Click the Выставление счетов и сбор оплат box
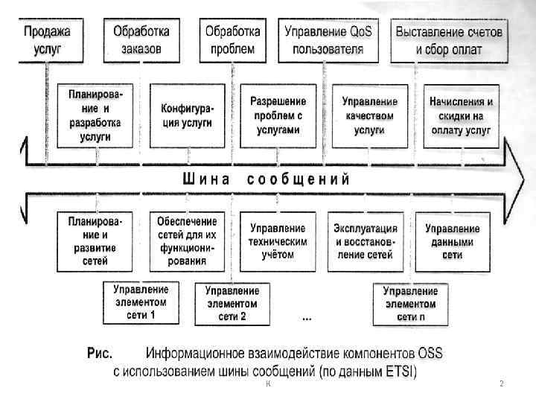pyautogui.click(x=448, y=42)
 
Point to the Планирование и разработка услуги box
pyautogui.click(x=96, y=116)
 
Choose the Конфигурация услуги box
pyautogui.click(x=186, y=116)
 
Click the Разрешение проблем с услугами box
pyautogui.click(x=275, y=115)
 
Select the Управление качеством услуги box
pyautogui.click(x=369, y=115)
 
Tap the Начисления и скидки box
pyautogui.click(x=462, y=115)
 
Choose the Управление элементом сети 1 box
pyautogui.click(x=141, y=302)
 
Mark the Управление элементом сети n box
pyautogui.click(x=411, y=304)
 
